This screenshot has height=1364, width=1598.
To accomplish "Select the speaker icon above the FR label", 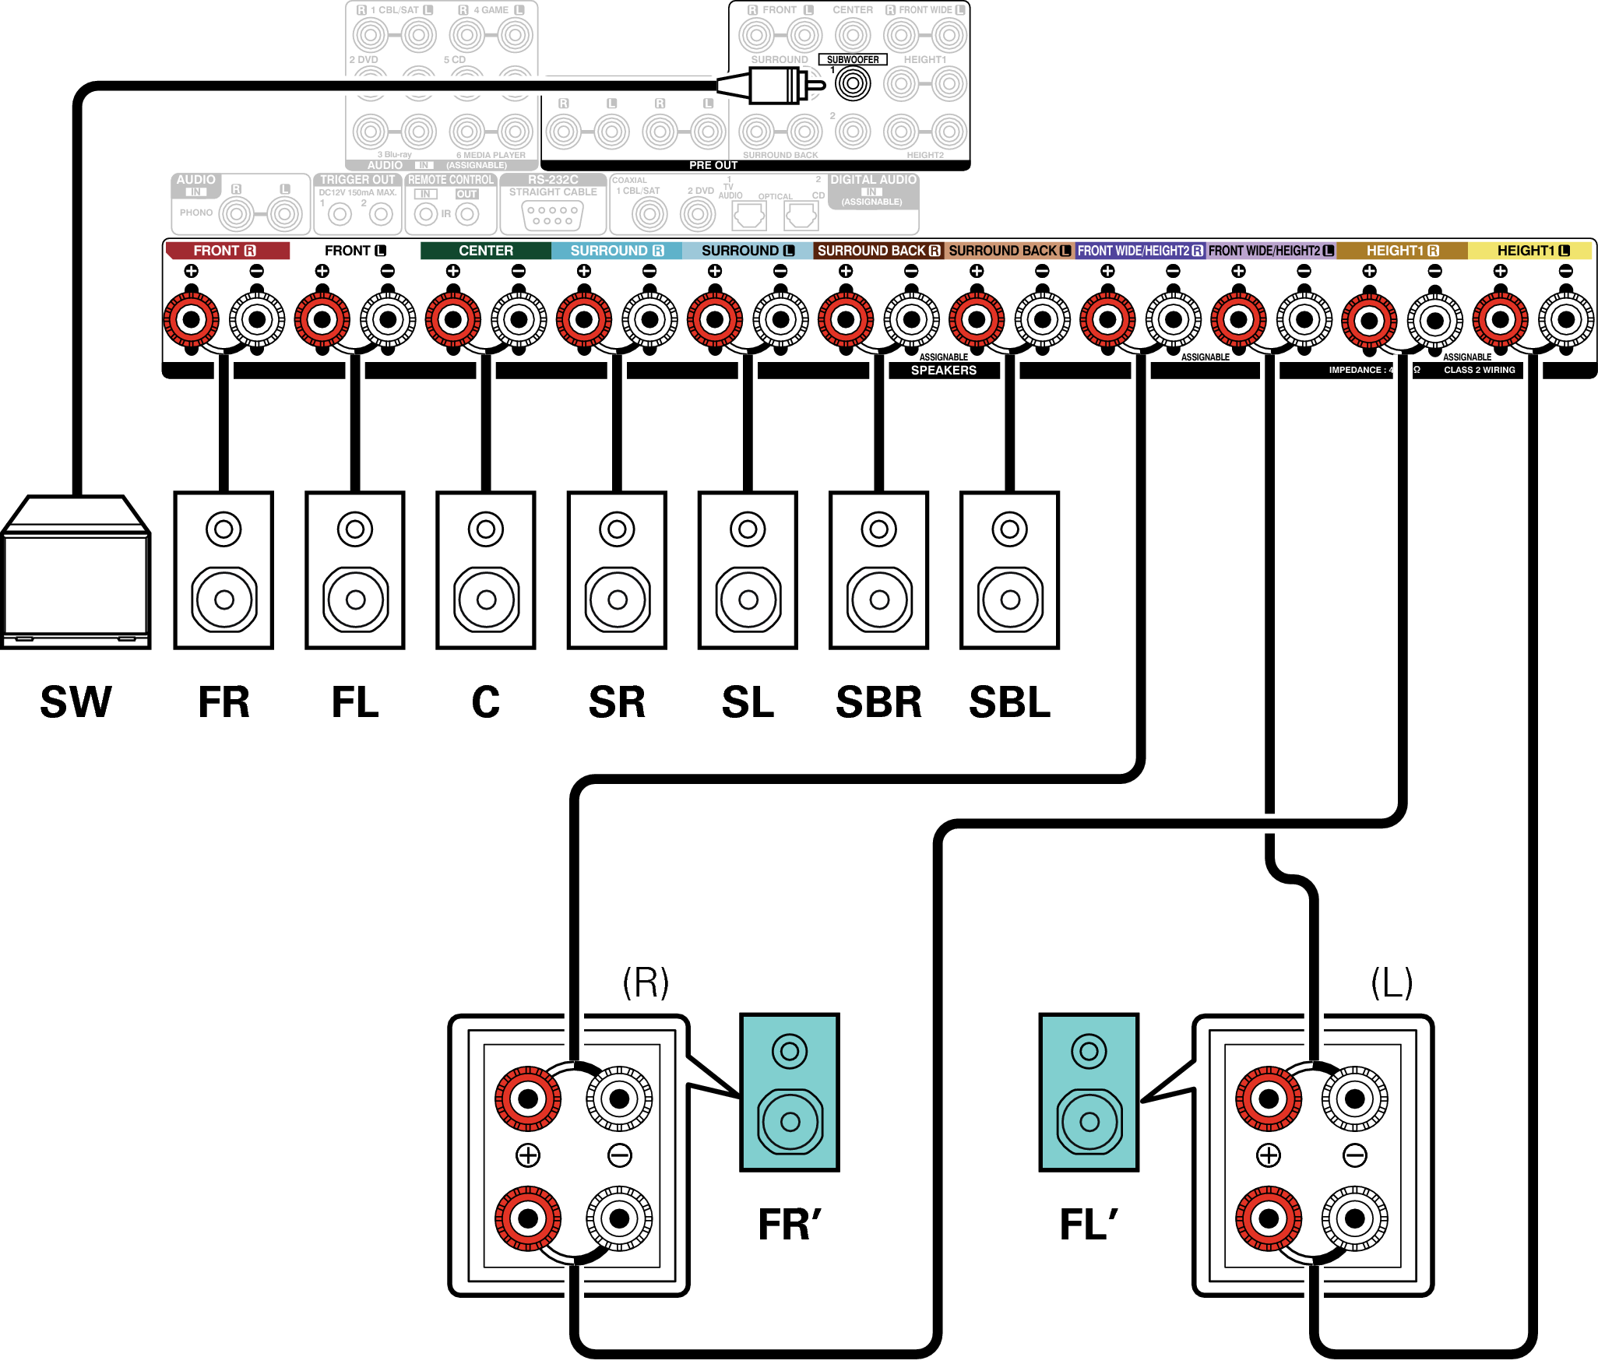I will click(x=224, y=570).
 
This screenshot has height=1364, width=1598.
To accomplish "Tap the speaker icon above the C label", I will click(x=486, y=570).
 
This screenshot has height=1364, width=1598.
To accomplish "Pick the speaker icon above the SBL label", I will click(x=1009, y=570).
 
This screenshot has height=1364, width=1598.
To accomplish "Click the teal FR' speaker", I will click(x=790, y=1092).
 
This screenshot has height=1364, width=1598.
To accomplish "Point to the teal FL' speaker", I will click(x=1089, y=1092).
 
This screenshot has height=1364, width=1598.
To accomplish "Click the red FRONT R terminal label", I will click(x=226, y=251).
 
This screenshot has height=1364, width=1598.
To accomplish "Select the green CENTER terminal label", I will click(x=486, y=251).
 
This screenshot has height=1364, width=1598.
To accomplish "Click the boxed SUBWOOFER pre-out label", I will click(x=853, y=60).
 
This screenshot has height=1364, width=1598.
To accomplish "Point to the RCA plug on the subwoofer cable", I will click(x=775, y=85).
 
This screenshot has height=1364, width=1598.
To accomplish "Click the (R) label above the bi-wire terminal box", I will click(x=646, y=983).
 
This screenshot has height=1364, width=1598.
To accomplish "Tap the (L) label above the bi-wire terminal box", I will click(x=1392, y=983).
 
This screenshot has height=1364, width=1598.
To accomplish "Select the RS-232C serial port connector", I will click(x=553, y=215).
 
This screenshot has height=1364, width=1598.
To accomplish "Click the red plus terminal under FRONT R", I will click(x=191, y=319).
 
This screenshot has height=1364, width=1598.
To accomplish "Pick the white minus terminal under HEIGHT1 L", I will click(x=1565, y=319).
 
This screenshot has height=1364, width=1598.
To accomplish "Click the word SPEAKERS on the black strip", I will click(x=944, y=371).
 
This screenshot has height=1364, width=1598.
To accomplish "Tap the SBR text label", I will click(x=878, y=702).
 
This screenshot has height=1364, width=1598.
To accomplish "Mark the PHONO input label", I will click(x=195, y=213).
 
